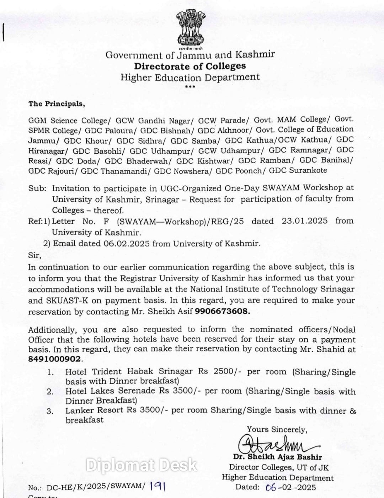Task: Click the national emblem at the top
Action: [x=191, y=28]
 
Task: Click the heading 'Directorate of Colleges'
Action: [x=190, y=66]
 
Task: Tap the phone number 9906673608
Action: [x=222, y=311]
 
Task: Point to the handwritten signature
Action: [x=270, y=443]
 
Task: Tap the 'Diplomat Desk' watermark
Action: [x=142, y=465]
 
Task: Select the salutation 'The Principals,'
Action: [x=57, y=104]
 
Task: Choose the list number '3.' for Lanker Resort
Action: [x=50, y=411]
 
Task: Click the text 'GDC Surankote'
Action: [x=298, y=170]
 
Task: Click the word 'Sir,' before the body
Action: [x=34, y=255]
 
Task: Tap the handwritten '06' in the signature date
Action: [x=271, y=487]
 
